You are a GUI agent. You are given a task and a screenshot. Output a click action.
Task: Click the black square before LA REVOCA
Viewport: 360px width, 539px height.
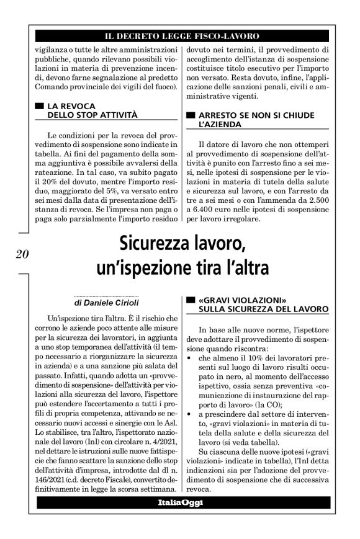pos(40,106)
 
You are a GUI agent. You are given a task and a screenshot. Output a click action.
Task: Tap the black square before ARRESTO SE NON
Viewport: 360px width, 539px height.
pos(190,115)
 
